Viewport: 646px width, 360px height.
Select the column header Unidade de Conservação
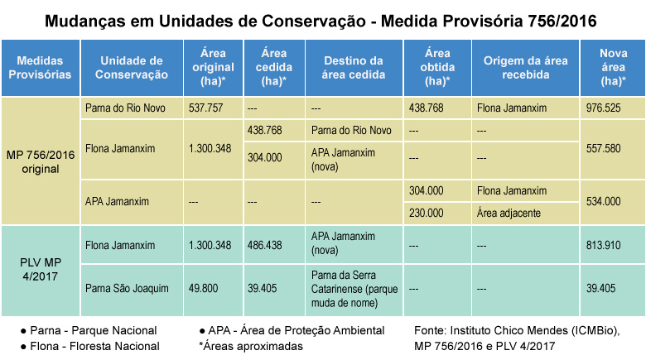131,68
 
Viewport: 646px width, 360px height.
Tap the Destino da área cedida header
354,68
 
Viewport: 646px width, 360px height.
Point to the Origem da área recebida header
524,68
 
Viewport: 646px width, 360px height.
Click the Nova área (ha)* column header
614,68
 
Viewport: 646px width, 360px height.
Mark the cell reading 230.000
427,213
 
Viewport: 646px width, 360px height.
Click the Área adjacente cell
509,213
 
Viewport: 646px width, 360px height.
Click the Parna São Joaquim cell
127,288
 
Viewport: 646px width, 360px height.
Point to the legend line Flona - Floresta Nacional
90,346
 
